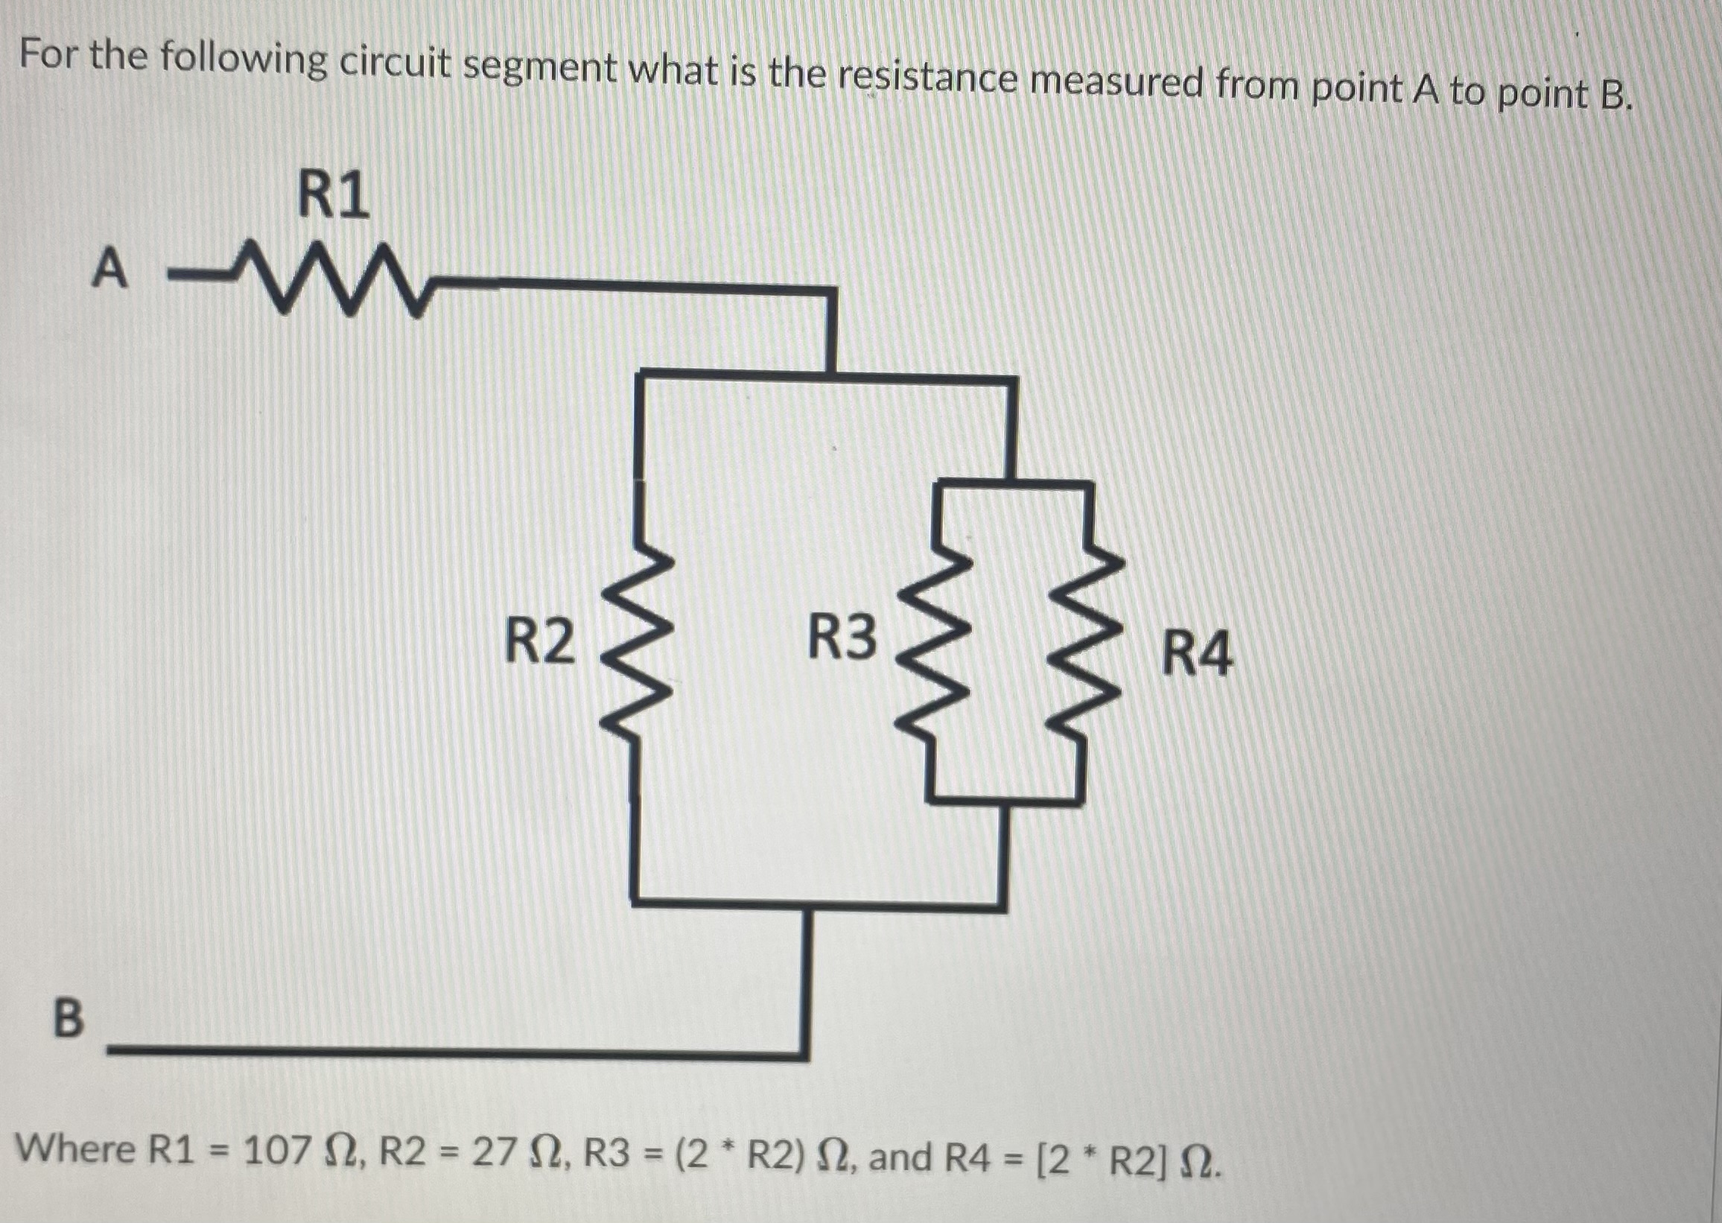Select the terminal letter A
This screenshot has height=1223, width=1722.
(110, 269)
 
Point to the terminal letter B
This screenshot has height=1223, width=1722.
(69, 1018)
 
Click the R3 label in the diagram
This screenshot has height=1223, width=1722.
(842, 637)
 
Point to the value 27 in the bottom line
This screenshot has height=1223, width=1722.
(493, 1151)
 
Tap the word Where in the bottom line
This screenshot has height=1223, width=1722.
(75, 1148)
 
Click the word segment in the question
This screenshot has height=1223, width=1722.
(540, 69)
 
